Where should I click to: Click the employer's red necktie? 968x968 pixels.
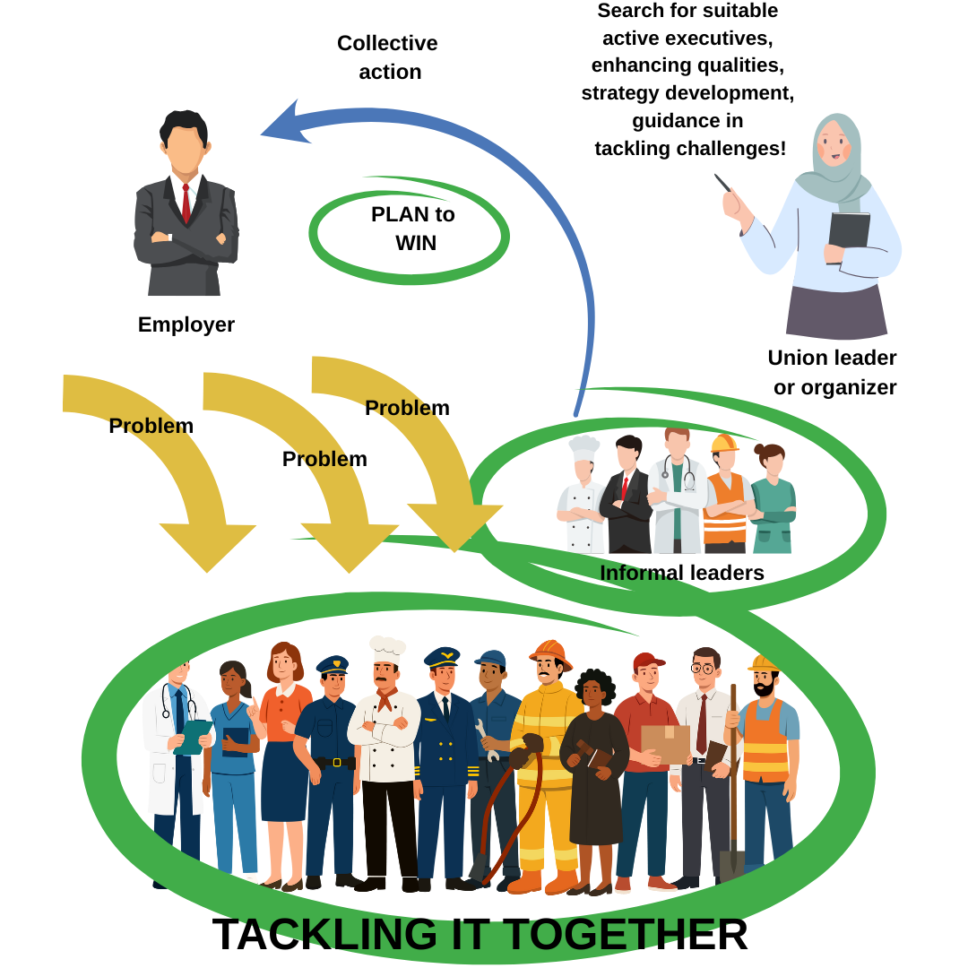(186, 203)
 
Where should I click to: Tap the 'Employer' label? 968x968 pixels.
(186, 324)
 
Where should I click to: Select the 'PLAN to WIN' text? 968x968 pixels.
(413, 229)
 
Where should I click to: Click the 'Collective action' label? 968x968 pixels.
(388, 57)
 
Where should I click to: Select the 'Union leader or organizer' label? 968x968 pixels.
(833, 372)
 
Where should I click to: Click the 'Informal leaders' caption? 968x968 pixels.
(681, 573)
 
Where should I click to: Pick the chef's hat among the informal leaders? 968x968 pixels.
(583, 446)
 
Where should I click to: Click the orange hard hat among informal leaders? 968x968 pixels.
(723, 443)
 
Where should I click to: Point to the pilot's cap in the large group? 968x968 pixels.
(442, 657)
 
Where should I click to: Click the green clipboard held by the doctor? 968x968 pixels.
(192, 736)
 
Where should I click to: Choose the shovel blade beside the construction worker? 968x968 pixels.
(731, 865)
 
